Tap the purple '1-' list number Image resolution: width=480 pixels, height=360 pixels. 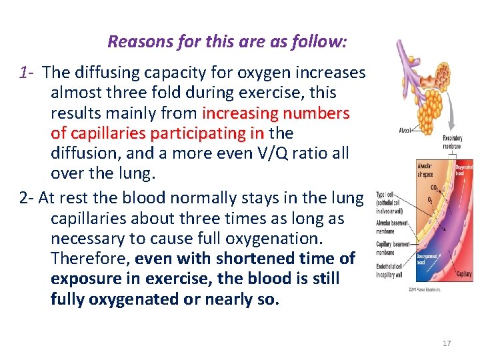pos(27,72)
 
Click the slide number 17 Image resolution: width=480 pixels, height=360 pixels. pos(446,343)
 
